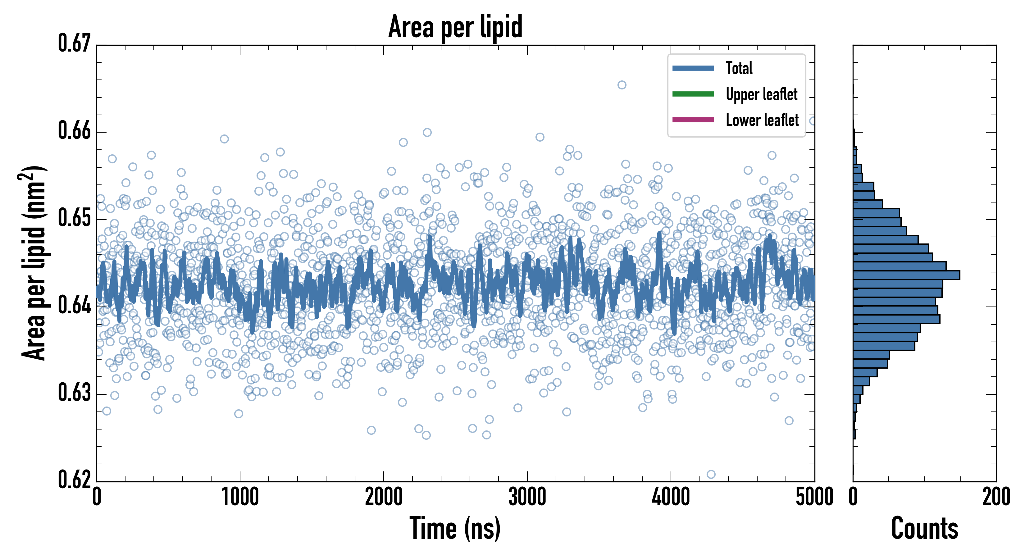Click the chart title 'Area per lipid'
click(x=455, y=27)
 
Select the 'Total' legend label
click(x=739, y=68)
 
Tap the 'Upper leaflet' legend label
click(x=761, y=95)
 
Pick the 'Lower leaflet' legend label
click(x=762, y=120)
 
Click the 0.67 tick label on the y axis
click(x=75, y=43)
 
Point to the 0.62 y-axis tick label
click(x=75, y=479)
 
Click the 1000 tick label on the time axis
click(x=240, y=497)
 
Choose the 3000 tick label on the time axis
click(x=527, y=497)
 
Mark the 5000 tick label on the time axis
click(x=814, y=497)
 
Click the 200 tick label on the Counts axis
click(x=996, y=497)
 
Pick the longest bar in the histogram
click(x=906, y=275)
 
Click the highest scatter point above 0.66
click(x=622, y=85)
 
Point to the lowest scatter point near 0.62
click(x=711, y=474)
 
